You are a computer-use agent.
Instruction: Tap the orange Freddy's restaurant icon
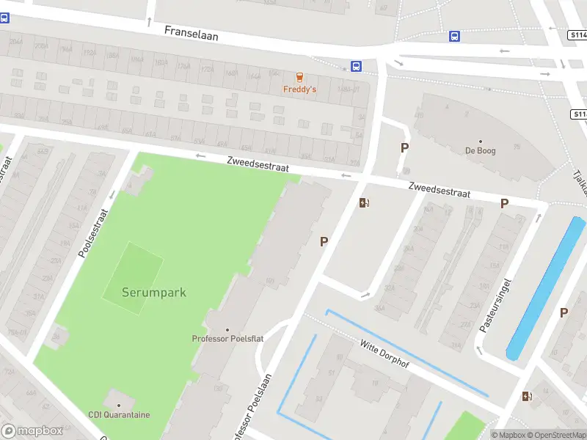[299, 78]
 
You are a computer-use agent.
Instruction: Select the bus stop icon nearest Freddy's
[356, 66]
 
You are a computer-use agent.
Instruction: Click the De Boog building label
[480, 151]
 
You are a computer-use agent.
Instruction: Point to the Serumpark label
[154, 293]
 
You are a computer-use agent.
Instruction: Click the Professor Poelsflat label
[227, 338]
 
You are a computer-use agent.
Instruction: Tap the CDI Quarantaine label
[119, 414]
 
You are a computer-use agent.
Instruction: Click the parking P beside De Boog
[404, 147]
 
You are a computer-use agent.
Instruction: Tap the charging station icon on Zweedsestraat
[364, 203]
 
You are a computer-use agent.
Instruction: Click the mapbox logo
[32, 430]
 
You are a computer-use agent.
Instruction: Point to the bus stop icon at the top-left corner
[4, 18]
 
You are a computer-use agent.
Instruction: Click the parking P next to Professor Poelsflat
[324, 241]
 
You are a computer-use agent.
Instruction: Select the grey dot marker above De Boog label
[481, 142]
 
